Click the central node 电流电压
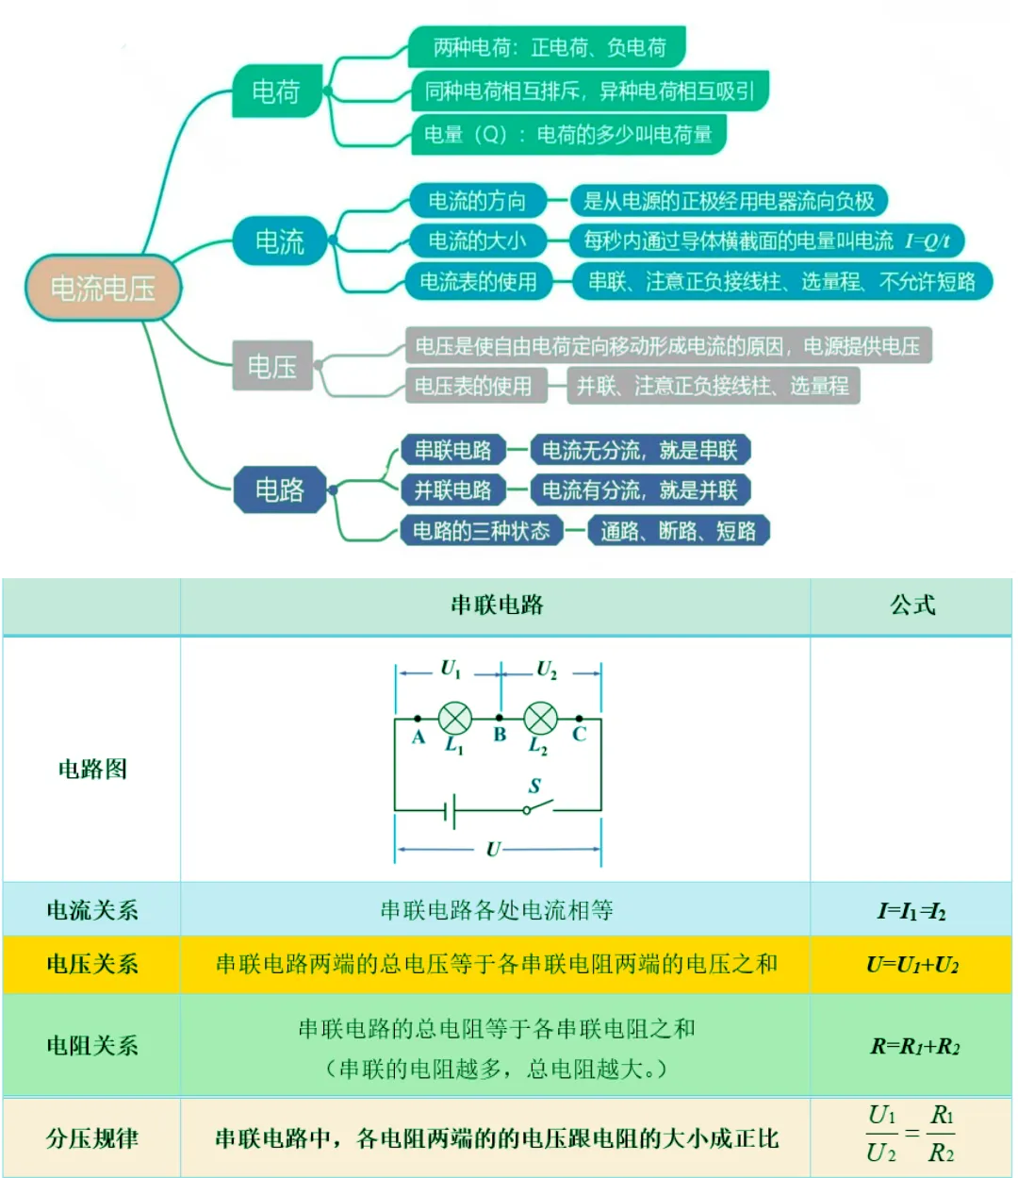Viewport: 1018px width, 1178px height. pos(102,288)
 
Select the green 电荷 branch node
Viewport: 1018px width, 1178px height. pos(276,91)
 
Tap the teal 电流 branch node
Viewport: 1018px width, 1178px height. pos(280,241)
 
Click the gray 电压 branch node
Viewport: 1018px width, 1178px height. pos(271,366)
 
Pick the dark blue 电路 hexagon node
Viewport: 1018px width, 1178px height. pos(280,489)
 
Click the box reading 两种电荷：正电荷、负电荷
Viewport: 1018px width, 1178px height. pos(549,47)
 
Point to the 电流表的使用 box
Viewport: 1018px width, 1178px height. pos(478,282)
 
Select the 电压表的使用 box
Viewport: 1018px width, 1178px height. pos(473,386)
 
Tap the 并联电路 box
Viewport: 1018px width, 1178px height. pos(452,489)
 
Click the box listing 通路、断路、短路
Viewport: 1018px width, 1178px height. pos(678,531)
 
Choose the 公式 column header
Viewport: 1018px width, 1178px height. pos(911,605)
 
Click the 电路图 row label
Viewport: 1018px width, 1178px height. pos(92,769)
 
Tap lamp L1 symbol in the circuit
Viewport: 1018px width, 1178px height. pos(455,719)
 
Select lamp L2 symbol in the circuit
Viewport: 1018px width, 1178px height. pos(540,719)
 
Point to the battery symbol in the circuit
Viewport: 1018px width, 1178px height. pos(451,810)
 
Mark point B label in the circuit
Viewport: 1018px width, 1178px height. pos(500,735)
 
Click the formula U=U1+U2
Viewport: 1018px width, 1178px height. pos(911,964)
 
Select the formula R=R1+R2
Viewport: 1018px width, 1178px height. pos(913,1046)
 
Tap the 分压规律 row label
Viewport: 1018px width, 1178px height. pos(92,1137)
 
